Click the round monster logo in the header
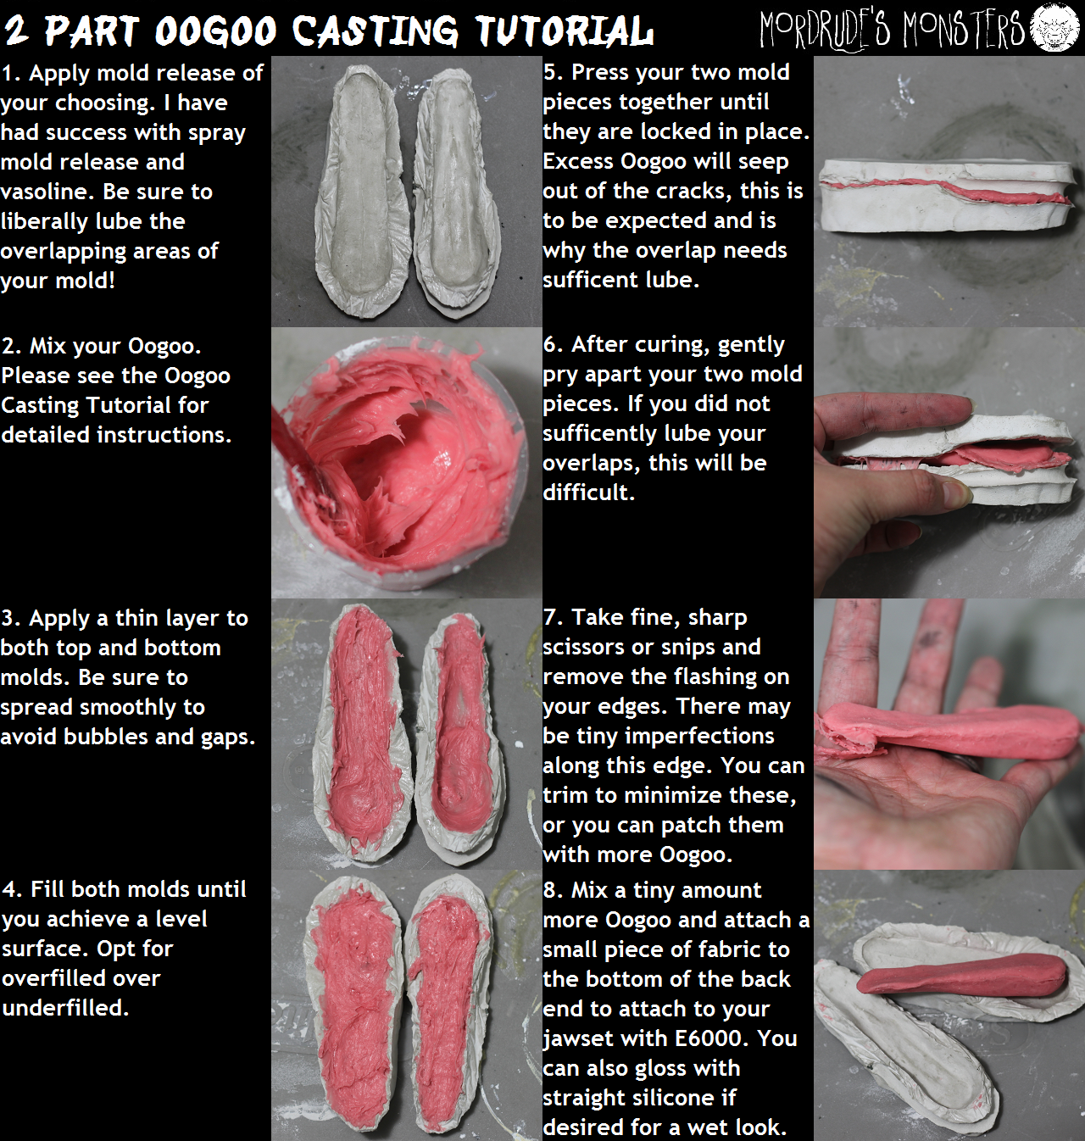1054,27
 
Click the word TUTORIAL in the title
564,30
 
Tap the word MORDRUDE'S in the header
825,29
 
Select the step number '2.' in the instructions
12,346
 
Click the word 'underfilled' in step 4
65,1008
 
